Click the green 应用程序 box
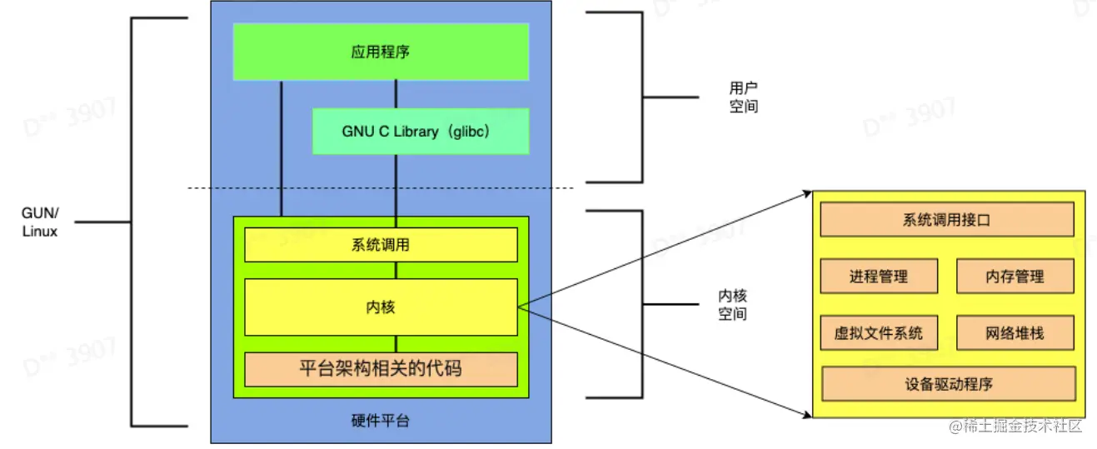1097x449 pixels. [x=381, y=52]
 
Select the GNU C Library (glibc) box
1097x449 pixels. [x=421, y=132]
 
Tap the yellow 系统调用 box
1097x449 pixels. [x=381, y=245]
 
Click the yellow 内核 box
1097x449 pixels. [x=381, y=307]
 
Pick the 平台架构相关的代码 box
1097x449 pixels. [x=381, y=368]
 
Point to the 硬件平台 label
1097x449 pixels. [x=381, y=421]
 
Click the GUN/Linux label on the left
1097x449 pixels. [x=39, y=222]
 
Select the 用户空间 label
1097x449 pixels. [x=743, y=97]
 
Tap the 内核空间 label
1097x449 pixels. [x=732, y=305]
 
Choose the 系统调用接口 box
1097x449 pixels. [x=946, y=220]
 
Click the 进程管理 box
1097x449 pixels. [x=879, y=277]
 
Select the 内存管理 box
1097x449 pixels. [x=1014, y=277]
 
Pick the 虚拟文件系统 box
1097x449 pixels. [x=879, y=333]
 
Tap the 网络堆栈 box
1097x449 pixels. [x=1014, y=333]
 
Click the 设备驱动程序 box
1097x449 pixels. [x=948, y=384]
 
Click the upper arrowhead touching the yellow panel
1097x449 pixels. [x=807, y=193]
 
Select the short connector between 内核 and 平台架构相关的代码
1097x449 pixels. [x=396, y=344]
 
